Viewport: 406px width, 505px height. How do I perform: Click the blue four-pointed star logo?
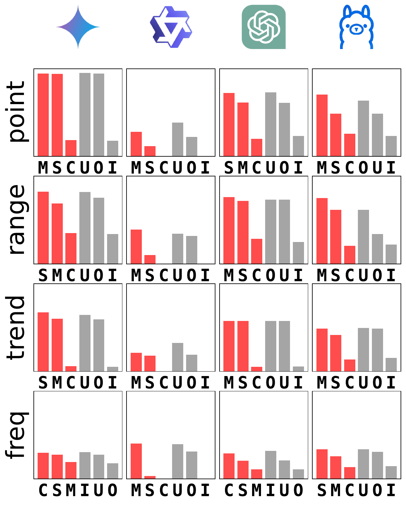pyautogui.click(x=78, y=27)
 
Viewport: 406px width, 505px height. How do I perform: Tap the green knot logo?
pyautogui.click(x=264, y=27)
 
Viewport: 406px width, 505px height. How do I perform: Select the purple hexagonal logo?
pyautogui.click(x=171, y=27)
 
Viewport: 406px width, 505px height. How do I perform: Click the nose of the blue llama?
pyautogui.click(x=356, y=29)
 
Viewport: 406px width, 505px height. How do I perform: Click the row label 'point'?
pyautogui.click(x=17, y=112)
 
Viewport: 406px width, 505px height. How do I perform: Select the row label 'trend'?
pyautogui.click(x=16, y=328)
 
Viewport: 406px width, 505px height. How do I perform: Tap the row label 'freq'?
pyautogui.click(x=17, y=435)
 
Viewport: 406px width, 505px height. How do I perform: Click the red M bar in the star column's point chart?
pyautogui.click(x=43, y=115)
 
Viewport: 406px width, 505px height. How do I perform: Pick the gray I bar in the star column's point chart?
pyautogui.click(x=113, y=148)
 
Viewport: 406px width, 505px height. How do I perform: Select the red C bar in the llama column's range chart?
pyautogui.click(x=350, y=255)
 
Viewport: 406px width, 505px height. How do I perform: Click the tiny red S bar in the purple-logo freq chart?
pyautogui.click(x=150, y=477)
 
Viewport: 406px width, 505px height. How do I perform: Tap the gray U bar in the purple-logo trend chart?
pyautogui.click(x=178, y=357)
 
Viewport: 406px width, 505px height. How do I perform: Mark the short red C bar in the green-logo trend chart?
pyautogui.click(x=257, y=369)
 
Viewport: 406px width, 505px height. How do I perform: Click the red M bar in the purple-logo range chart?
pyautogui.click(x=136, y=246)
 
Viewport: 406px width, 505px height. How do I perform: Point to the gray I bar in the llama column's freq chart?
pyautogui.click(x=391, y=473)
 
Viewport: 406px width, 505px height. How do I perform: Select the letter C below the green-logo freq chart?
pyautogui.click(x=229, y=490)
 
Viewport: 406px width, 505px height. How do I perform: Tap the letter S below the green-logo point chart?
pyautogui.click(x=229, y=168)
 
